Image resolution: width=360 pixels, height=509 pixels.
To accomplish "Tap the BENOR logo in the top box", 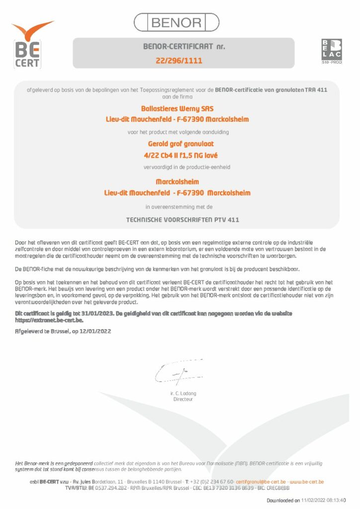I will [x=177, y=22].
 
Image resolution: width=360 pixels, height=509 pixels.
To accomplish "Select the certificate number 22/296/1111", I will [x=180, y=61].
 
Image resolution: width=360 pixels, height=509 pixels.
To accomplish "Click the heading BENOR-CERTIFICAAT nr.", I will [x=183, y=47].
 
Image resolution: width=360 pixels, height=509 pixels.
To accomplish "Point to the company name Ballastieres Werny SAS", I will [x=178, y=108].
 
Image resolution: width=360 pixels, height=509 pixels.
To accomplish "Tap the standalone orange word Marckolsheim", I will [x=177, y=182].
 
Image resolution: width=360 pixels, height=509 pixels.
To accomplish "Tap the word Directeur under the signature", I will [x=182, y=399].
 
